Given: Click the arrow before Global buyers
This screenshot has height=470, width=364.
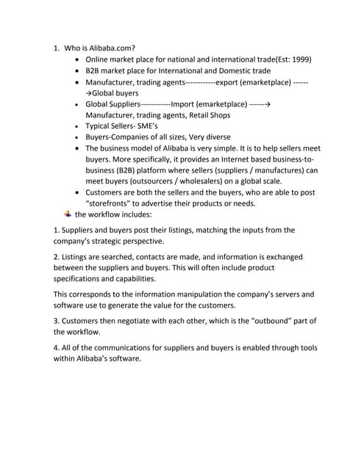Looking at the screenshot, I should point(89,93).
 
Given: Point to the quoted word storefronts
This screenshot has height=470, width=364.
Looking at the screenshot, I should point(111,203).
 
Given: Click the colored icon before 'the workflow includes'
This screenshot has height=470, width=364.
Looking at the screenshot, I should point(68,214).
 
